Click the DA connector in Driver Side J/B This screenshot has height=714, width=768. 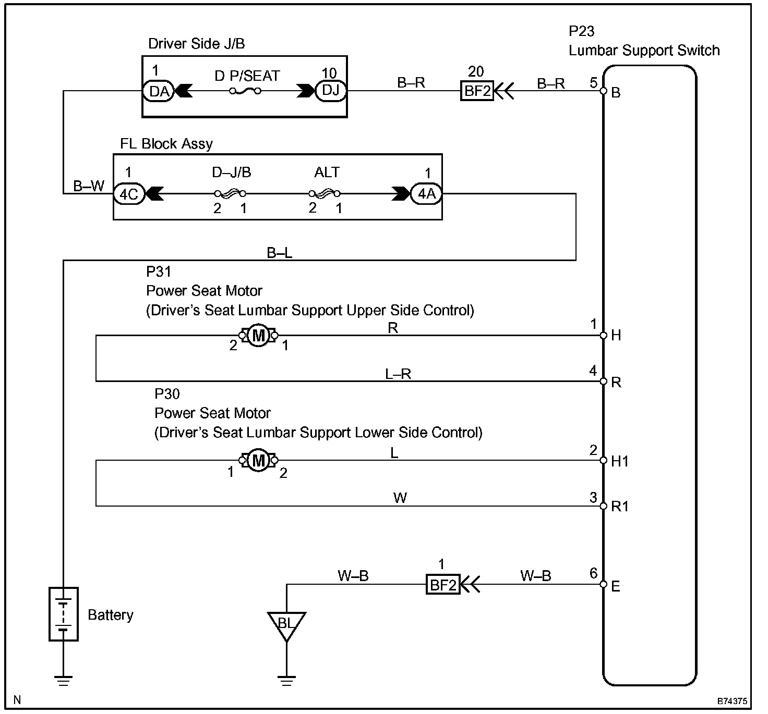point(158,91)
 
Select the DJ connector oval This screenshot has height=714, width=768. point(330,91)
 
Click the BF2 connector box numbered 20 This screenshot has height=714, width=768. point(477,91)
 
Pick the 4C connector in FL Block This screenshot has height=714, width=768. point(129,194)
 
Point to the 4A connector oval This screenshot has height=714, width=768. point(426,194)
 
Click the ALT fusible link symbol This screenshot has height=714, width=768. point(325,194)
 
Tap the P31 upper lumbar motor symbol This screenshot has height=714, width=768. point(258,336)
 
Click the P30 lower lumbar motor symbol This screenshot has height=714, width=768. point(258,460)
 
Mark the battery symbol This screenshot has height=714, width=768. point(64,614)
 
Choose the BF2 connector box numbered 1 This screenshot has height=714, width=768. point(442,585)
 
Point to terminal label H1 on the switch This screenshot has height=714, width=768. point(620,461)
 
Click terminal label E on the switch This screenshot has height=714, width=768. point(616,587)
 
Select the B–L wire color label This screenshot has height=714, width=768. point(280,253)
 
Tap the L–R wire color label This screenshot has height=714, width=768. point(398,374)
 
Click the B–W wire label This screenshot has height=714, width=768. point(89,186)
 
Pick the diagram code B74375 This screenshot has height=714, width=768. point(731,701)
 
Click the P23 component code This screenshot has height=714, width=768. point(582,32)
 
